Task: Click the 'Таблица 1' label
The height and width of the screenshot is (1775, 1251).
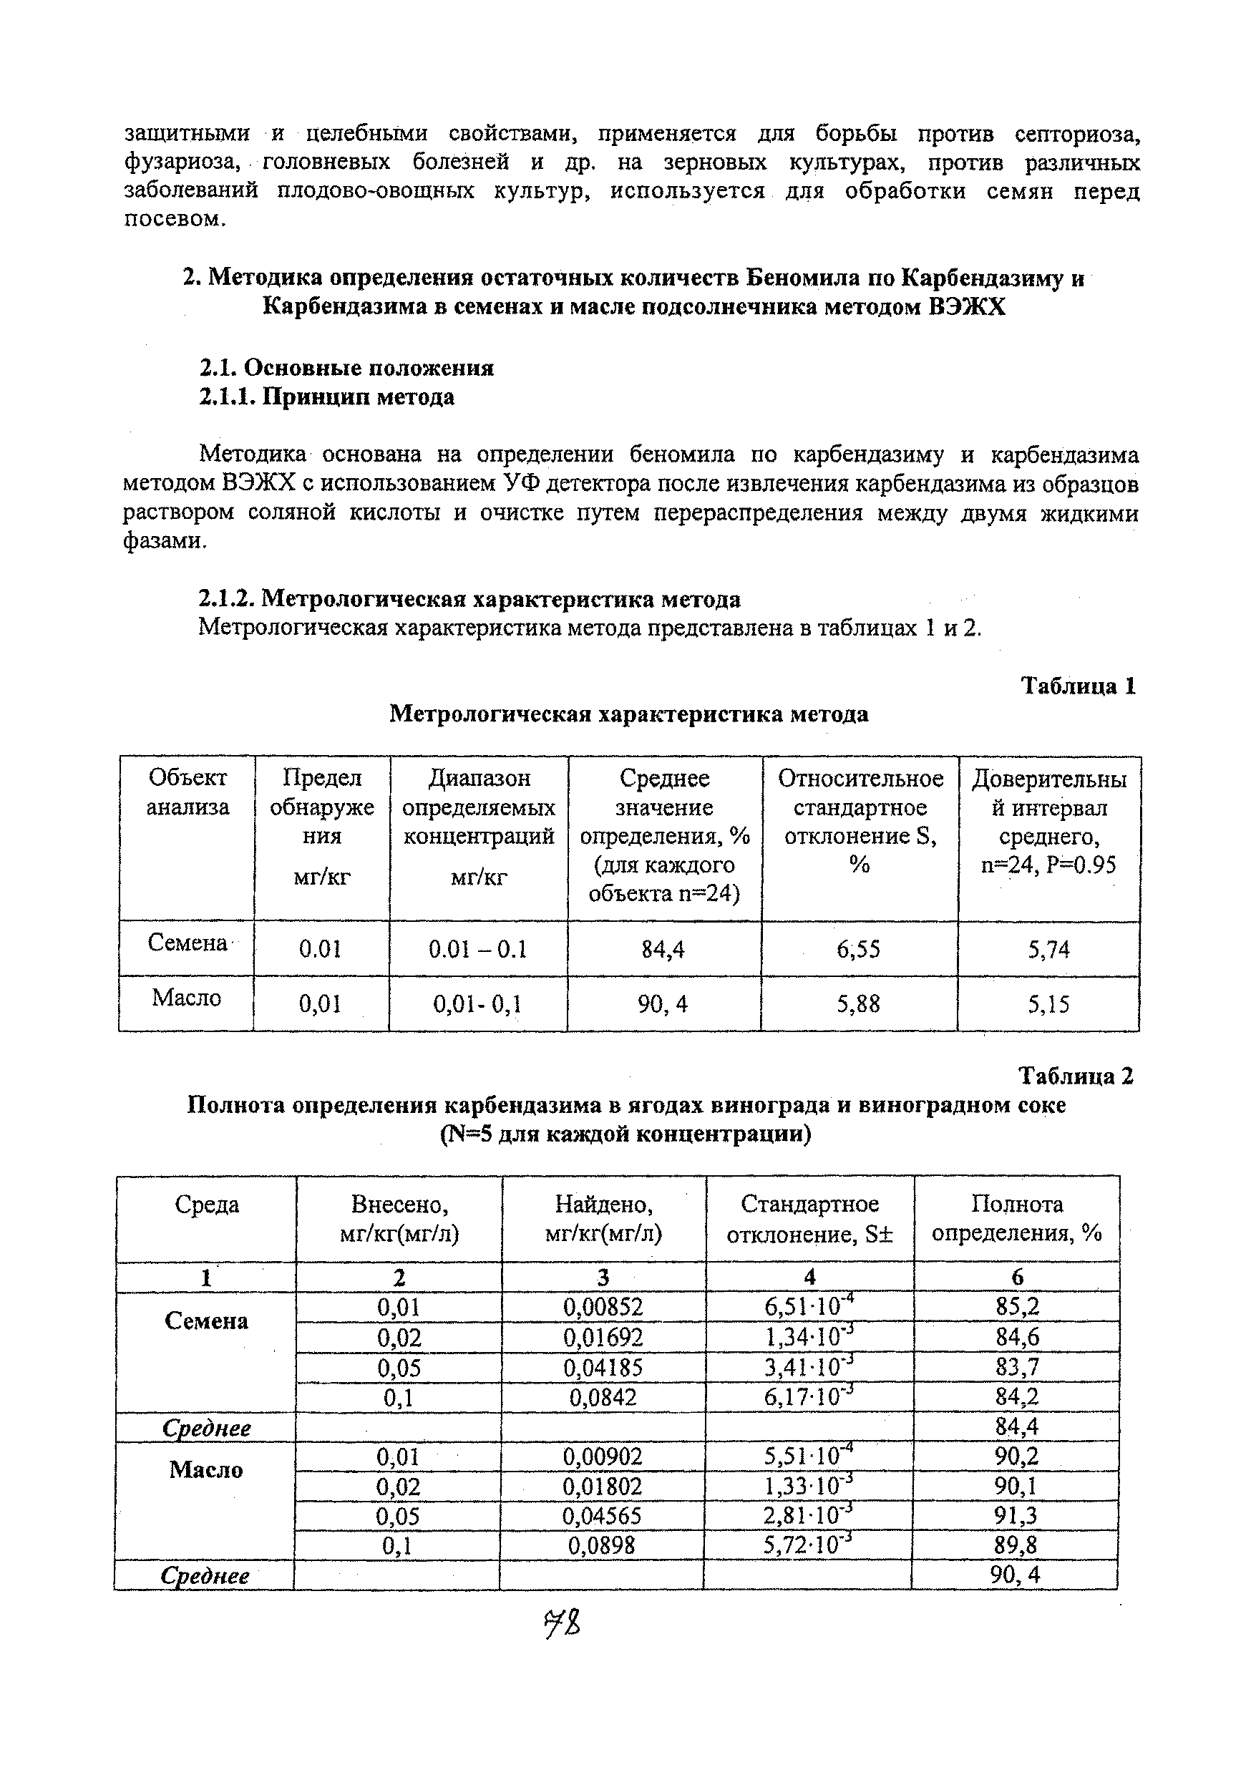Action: (1079, 686)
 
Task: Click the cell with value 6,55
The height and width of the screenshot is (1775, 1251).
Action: (858, 948)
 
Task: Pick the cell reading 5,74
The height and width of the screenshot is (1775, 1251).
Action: (1048, 948)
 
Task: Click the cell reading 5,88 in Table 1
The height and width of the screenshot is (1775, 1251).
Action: (858, 1003)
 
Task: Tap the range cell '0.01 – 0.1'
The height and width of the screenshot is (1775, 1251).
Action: (478, 948)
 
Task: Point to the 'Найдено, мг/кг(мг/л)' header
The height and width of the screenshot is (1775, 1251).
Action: (604, 1218)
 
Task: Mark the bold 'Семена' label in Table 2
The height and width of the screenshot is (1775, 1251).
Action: (206, 1321)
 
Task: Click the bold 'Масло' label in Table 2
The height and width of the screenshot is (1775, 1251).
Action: (206, 1469)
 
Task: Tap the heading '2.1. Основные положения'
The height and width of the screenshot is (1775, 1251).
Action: (346, 367)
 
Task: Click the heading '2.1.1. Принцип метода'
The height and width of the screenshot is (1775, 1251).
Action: (326, 397)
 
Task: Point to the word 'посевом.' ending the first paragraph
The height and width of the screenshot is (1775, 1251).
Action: (175, 220)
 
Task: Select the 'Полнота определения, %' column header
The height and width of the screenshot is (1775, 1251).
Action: (1017, 1218)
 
